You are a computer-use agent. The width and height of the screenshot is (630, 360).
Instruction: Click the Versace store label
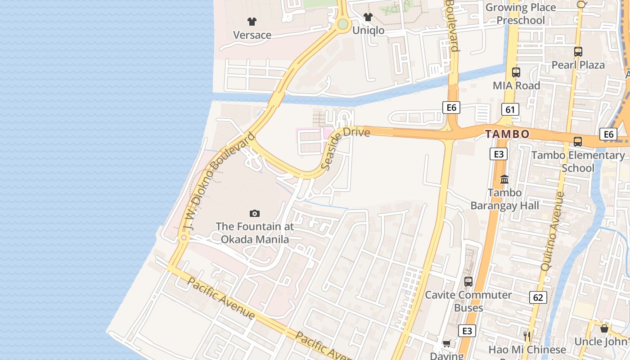point(252,35)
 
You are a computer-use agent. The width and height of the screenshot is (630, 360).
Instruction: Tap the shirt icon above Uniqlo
point(368,18)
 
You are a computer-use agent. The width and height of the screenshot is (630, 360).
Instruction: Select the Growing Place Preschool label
point(521,14)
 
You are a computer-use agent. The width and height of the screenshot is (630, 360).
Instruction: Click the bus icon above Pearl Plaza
point(578,52)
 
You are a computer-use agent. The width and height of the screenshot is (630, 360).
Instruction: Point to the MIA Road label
point(516,85)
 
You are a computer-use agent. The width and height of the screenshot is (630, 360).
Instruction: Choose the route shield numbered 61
point(510,109)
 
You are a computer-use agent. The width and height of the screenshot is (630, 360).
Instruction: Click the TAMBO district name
point(507,134)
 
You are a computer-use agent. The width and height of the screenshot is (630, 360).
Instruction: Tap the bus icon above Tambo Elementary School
point(578,142)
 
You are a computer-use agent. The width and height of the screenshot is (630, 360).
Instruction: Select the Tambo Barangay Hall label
point(504,199)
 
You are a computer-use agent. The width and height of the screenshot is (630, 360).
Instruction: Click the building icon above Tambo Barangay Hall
point(504,179)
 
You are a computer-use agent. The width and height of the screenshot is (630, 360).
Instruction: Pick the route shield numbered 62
point(538,297)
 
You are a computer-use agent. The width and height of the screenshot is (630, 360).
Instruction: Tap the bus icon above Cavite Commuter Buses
point(468,282)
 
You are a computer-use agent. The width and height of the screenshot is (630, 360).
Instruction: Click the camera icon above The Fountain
point(255,213)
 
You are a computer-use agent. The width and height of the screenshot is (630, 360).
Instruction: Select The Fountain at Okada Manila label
point(255,233)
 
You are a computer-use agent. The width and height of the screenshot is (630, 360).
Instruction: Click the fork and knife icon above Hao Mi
point(527,336)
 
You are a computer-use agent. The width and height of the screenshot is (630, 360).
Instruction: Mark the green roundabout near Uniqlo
point(343,24)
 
